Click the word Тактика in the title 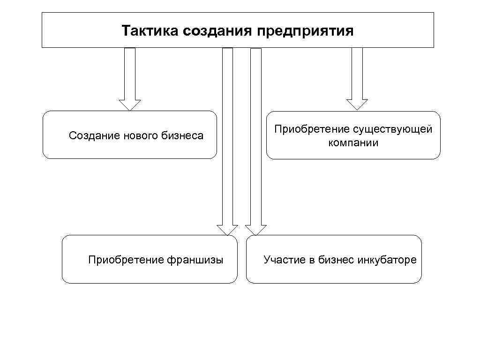pyautogui.click(x=150, y=31)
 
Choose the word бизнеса pyautogui.click(x=182, y=136)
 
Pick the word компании pyautogui.click(x=353, y=143)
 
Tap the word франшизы pyautogui.click(x=195, y=260)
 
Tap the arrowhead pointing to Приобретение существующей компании pyautogui.click(x=357, y=104)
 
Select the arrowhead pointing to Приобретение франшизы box pyautogui.click(x=227, y=229)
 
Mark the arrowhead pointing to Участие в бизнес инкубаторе pyautogui.click(x=256, y=229)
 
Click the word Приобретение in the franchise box pyautogui.click(x=126, y=260)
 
